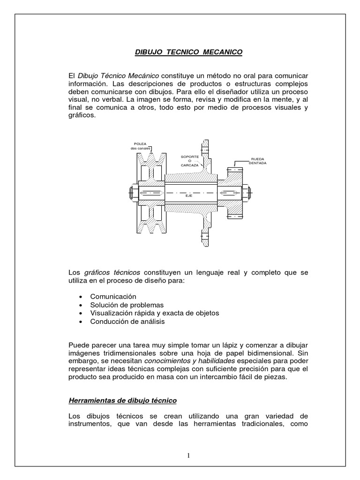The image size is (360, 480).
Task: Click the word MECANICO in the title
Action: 223,52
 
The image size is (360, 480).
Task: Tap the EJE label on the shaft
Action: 189,195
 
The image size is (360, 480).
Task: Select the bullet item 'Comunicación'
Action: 113,297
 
